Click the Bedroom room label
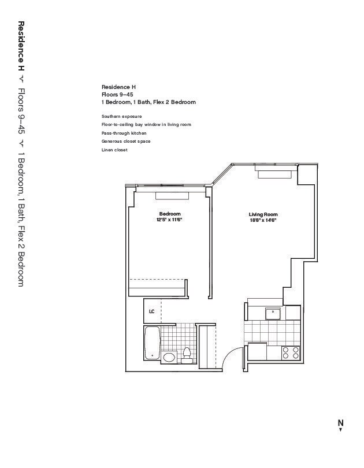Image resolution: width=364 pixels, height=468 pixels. pos(170,214)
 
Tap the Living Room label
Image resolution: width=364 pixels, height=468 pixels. pos(263,214)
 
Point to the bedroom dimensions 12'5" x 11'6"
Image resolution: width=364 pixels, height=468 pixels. pos(169,220)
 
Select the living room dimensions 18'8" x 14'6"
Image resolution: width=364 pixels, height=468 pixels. pos(263,220)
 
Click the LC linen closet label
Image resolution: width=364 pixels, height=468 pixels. pos(151,311)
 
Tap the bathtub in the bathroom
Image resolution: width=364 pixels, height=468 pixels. pos(152,343)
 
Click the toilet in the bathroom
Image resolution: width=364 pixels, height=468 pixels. pos(187,355)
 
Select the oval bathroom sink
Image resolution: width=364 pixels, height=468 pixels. pos(169,357)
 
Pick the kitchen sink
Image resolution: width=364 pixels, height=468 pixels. pos(273,314)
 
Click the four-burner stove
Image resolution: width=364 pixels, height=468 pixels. pos(291,352)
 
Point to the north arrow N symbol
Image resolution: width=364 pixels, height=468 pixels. pos(340,425)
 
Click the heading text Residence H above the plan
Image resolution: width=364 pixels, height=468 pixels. pos(118,87)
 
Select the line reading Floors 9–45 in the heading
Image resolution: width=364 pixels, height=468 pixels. pos(117,94)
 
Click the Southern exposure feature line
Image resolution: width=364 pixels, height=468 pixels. pos(121,116)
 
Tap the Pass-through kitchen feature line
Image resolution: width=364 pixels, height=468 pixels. pos(124,133)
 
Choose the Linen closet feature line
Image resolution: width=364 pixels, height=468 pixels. pos(114,150)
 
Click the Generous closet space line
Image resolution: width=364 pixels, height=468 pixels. pos(126,141)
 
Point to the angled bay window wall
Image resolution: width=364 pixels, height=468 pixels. pos(221,174)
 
